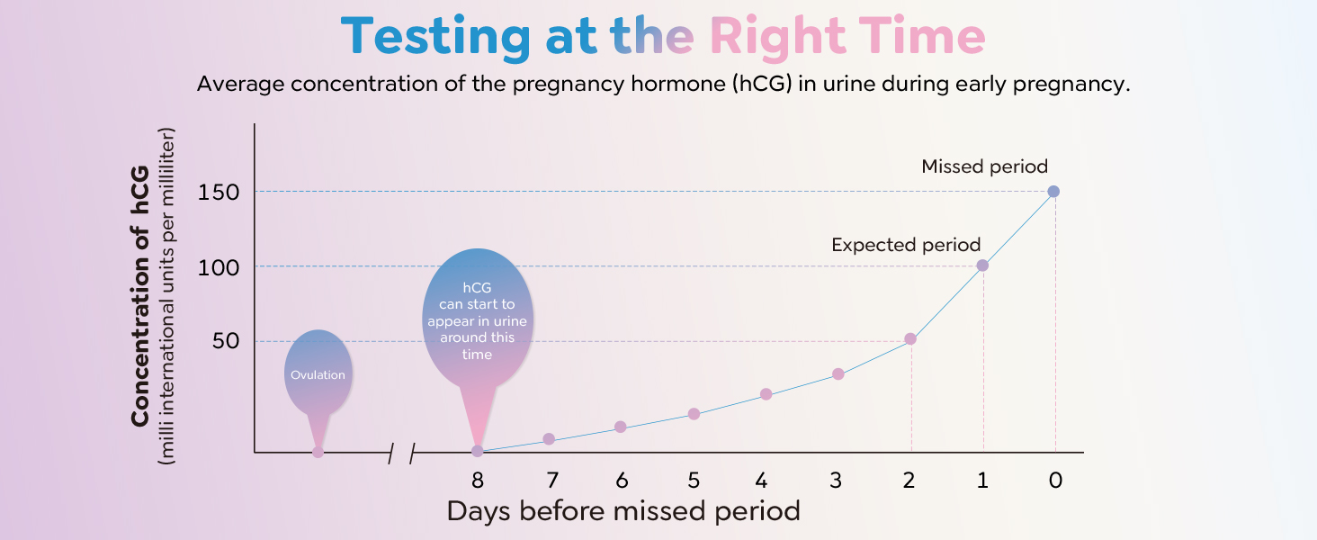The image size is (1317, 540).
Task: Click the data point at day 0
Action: tap(1053, 191)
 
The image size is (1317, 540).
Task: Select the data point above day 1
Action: tap(982, 265)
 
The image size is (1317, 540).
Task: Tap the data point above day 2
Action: tap(910, 338)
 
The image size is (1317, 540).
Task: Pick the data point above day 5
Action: tap(694, 414)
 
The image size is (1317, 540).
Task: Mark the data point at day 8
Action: tap(477, 451)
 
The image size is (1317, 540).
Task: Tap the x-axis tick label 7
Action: tap(551, 481)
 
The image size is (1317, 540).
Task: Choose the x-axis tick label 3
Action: tap(836, 481)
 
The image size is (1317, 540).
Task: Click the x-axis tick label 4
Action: tap(762, 481)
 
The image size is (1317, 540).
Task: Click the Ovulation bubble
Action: tap(318, 374)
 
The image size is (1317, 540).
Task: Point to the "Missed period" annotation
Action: tap(984, 166)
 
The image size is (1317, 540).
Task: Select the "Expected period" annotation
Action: tap(906, 245)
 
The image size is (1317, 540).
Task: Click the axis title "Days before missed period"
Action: tap(623, 512)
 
